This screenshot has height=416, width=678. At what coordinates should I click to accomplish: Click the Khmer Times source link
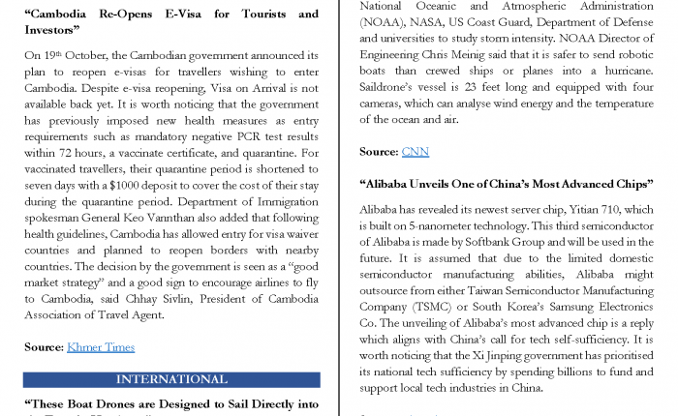pos(101,346)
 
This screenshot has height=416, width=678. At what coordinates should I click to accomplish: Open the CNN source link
pos(415,152)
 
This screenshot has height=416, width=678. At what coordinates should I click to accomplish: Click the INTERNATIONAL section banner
pos(171,379)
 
